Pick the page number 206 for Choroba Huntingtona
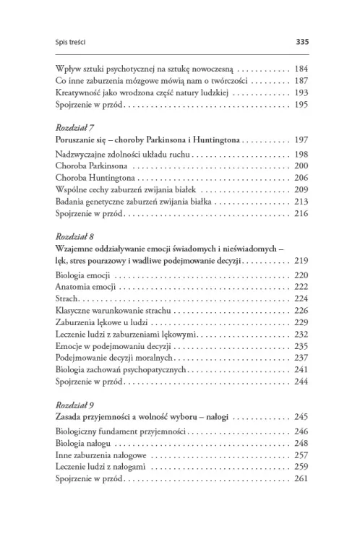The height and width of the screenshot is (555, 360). (301, 178)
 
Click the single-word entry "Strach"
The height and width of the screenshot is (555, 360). (67, 299)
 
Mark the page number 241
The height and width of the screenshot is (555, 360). (301, 369)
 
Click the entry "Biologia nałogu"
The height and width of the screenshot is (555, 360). (84, 443)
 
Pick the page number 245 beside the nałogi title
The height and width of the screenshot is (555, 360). (301, 417)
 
